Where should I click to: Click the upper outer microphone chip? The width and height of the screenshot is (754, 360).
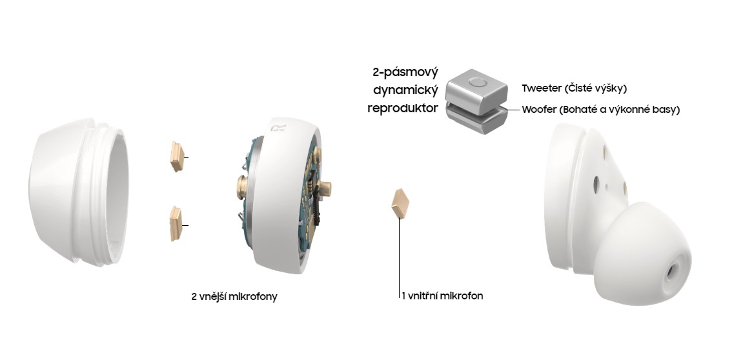pyautogui.click(x=176, y=157)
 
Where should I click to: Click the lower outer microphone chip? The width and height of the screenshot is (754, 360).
pyautogui.click(x=175, y=223)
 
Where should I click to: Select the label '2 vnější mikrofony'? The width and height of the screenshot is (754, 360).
pyautogui.click(x=234, y=297)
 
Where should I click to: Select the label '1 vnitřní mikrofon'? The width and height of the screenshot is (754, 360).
pyautogui.click(x=442, y=297)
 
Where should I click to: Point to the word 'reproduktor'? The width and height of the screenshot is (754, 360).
pyautogui.click(x=403, y=108)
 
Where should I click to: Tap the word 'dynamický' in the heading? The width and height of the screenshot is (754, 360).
pyautogui.click(x=406, y=90)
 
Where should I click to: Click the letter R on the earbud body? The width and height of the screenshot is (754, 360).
pyautogui.click(x=274, y=130)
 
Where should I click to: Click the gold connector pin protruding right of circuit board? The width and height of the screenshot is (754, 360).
pyautogui.click(x=327, y=189)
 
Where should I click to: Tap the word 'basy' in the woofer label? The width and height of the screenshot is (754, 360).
pyautogui.click(x=668, y=110)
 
